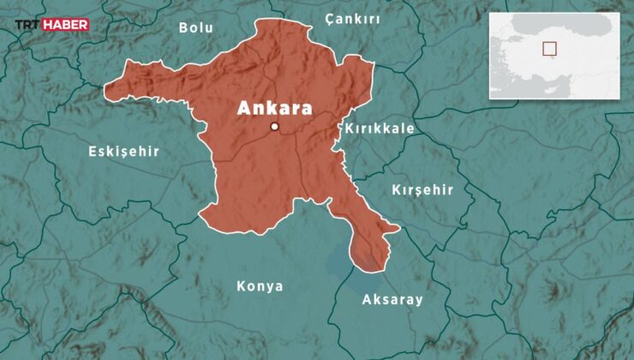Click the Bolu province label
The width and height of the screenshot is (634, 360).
coord(195,27)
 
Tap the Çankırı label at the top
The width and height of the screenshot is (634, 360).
coord(352,19)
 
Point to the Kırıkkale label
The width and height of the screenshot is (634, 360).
coord(380,128)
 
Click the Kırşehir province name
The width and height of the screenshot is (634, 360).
coord(422,190)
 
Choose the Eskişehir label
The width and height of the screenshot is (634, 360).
coord(124,152)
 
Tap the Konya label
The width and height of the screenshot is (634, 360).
coord(260,286)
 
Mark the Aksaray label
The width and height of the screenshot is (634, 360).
coord(392,300)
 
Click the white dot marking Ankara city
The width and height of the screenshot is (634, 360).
coord(275,127)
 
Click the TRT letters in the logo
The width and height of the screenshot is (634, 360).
coord(33,26)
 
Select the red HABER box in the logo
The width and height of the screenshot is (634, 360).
coord(72,26)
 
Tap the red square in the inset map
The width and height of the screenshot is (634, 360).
coord(549,48)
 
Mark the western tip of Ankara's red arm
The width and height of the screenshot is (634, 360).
coord(106,88)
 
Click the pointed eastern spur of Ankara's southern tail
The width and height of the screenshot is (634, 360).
coord(398,228)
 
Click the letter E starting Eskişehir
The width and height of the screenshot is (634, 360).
coord(93,152)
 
